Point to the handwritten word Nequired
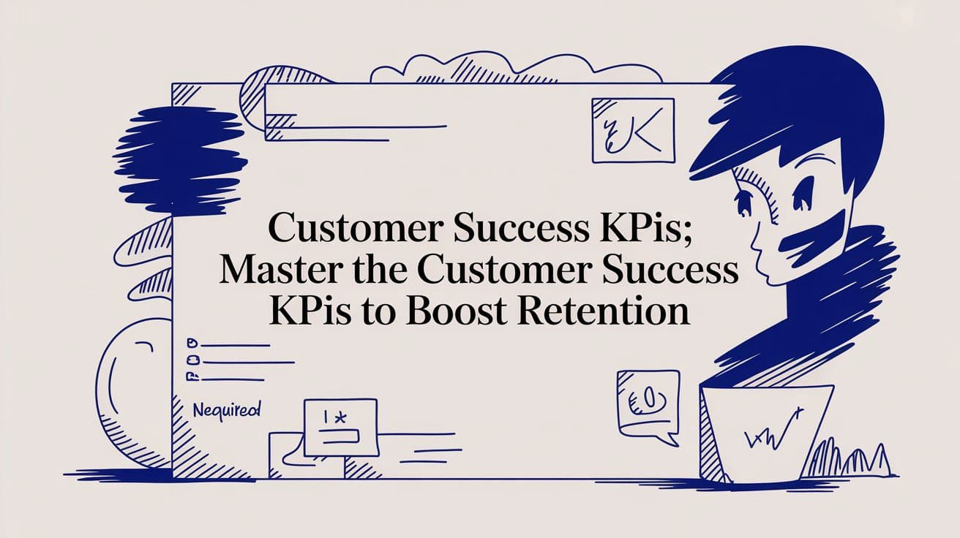(x=226, y=410)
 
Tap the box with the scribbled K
(x=631, y=130)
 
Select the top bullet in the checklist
(x=193, y=342)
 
